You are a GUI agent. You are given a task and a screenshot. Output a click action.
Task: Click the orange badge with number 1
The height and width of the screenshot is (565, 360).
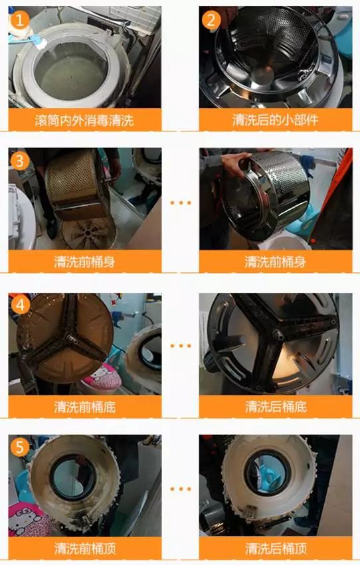pos(20,20)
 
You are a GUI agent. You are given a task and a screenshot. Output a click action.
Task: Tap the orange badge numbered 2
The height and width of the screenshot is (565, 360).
pos(211,20)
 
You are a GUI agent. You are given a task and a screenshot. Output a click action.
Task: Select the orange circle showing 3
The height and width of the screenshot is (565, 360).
pos(20,161)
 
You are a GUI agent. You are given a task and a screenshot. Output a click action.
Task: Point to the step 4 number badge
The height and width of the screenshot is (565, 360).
pos(20,305)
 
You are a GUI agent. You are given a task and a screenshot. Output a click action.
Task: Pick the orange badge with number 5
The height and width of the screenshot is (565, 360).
pos(20,447)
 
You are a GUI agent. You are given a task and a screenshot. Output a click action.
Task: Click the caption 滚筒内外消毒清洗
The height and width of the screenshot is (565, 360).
pos(84,120)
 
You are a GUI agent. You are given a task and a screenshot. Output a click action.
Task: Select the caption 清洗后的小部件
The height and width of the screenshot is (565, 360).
pos(276,120)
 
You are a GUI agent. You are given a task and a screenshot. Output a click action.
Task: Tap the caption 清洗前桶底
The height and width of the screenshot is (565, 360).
pos(84,406)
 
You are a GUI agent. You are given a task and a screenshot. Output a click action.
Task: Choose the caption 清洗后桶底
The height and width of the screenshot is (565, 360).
pos(276,406)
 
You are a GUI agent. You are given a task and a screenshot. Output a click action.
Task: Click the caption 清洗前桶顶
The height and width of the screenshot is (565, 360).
pos(84,549)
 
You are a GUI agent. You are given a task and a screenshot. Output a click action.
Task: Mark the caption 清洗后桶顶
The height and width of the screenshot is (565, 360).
pos(276,549)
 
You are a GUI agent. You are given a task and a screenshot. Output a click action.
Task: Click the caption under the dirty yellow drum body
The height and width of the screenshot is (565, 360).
pos(84,262)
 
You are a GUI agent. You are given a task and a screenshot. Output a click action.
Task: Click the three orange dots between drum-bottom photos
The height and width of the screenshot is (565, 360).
pos(180,346)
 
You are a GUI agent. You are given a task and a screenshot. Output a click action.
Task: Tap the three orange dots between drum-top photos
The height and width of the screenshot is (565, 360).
pos(180,489)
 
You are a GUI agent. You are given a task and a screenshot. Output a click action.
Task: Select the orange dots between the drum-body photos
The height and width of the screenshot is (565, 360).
pos(180,202)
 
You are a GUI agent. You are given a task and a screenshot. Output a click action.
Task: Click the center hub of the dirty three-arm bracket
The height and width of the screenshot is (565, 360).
pos(61,332)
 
